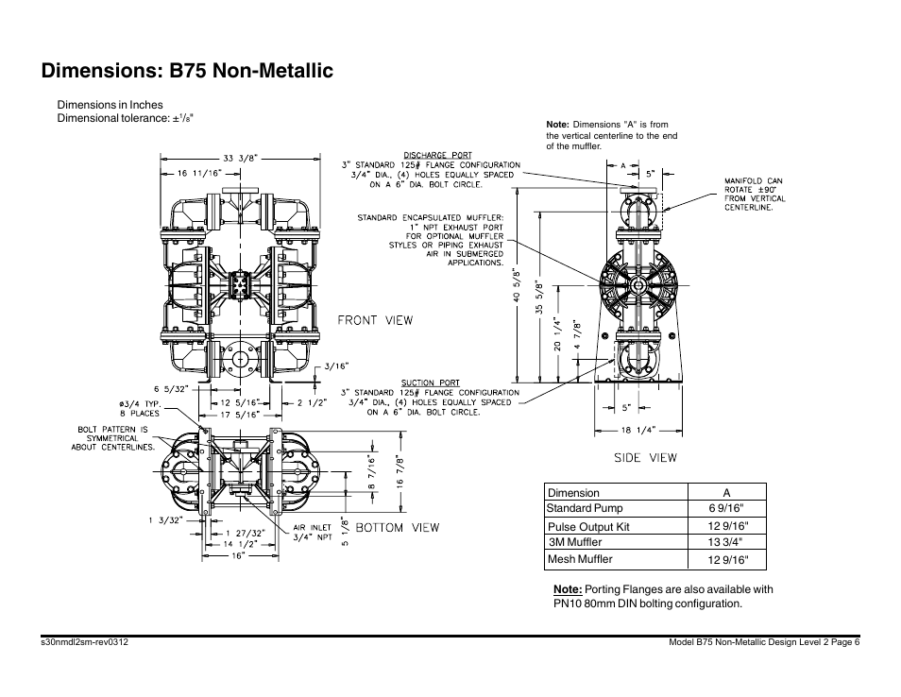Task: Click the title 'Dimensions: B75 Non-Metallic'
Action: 187,71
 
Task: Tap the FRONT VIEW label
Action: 376,320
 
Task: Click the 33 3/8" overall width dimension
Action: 240,159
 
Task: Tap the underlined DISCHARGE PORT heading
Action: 437,155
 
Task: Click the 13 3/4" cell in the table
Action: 726,542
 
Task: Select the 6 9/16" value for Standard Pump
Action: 726,508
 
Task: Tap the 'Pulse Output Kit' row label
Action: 588,527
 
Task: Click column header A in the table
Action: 726,493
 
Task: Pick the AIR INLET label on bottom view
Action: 312,528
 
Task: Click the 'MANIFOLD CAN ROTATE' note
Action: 755,194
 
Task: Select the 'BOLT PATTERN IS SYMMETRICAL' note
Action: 113,438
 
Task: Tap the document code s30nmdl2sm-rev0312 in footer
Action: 85,642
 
